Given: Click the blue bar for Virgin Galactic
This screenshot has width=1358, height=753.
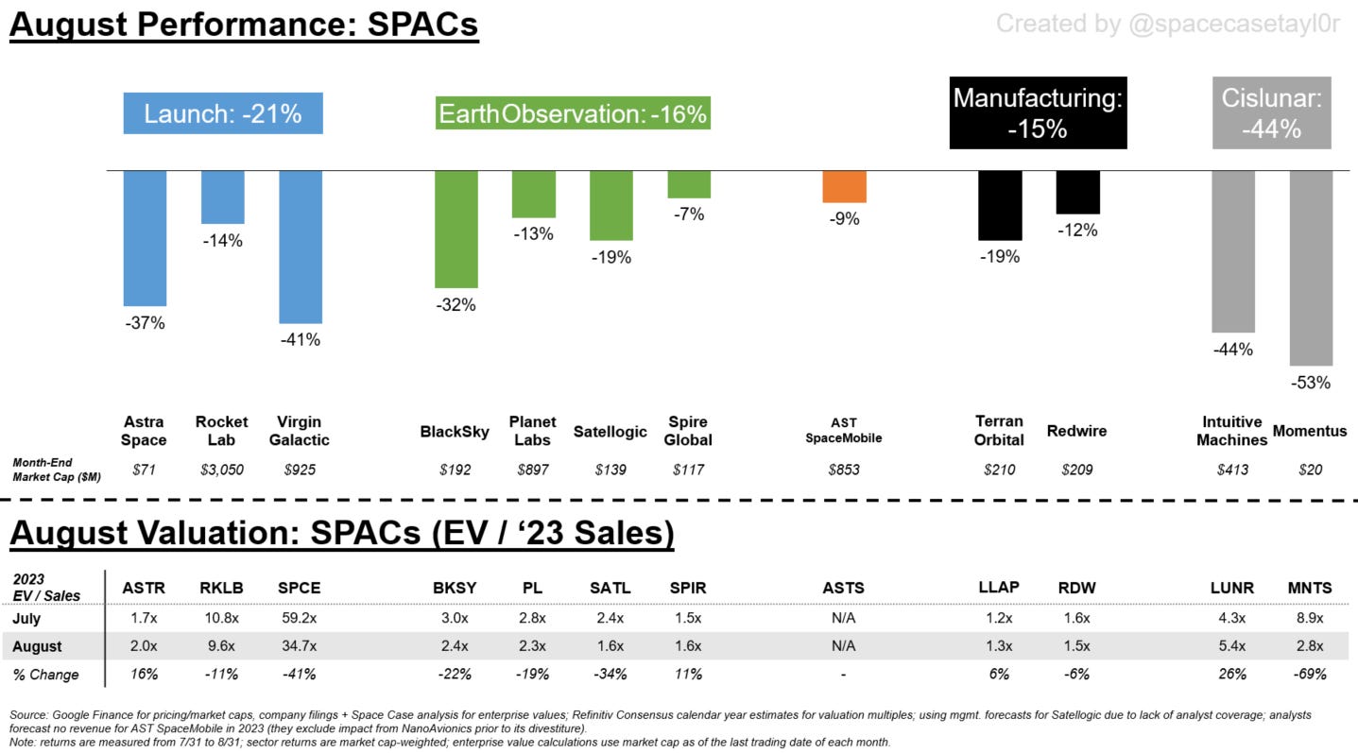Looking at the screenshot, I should (x=301, y=247).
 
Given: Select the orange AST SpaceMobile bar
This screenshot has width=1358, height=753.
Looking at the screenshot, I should (x=844, y=187).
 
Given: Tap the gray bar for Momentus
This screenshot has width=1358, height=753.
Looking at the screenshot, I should (x=1311, y=267).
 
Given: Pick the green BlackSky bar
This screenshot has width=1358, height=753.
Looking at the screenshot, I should (x=456, y=229).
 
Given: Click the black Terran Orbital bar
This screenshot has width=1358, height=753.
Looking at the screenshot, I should (x=1000, y=205).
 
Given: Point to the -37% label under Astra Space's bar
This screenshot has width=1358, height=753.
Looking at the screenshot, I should (x=146, y=323).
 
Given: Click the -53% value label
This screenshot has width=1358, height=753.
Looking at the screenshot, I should (x=1311, y=383).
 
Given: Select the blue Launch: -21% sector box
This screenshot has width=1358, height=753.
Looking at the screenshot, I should (x=223, y=114).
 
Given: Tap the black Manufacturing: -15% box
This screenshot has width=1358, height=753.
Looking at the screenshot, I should (x=1038, y=113).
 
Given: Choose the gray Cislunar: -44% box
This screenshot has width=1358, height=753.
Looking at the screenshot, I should (x=1271, y=113).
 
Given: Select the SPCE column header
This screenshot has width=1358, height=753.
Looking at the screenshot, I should (x=300, y=588).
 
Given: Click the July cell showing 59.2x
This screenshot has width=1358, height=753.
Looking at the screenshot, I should (x=300, y=618).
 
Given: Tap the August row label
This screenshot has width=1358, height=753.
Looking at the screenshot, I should (x=38, y=646).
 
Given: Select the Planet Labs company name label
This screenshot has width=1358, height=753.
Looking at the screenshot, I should (x=532, y=431).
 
